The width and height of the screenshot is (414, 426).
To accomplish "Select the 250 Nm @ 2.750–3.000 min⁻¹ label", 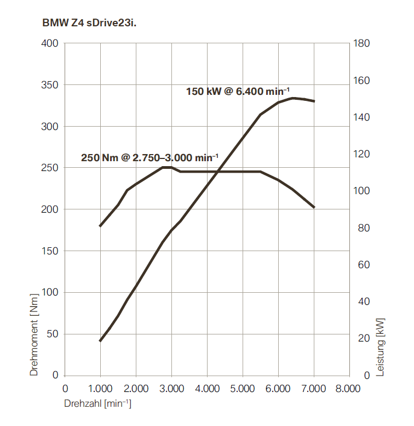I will tap(150, 158).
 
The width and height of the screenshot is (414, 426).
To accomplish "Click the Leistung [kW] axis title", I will tap(381, 345).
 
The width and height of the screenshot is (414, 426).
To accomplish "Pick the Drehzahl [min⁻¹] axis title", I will tap(98, 404).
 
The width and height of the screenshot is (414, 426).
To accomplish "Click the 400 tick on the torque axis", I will tap(49, 43).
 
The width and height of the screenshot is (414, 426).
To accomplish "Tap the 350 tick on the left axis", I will tap(49, 85).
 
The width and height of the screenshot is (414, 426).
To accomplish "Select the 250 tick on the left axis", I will tap(49, 168).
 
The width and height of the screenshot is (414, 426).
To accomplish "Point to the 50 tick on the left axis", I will tap(52, 334).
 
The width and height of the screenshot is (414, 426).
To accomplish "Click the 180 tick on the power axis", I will tap(363, 43).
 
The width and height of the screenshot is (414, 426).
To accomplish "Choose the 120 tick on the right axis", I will tap(363, 154).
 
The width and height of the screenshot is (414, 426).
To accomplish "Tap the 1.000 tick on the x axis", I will tap(100, 389).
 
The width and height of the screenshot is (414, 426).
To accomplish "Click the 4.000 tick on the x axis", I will tap(207, 389).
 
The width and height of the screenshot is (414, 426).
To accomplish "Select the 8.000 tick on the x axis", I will tap(349, 389).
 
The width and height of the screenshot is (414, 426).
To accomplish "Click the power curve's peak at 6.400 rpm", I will tap(292, 98).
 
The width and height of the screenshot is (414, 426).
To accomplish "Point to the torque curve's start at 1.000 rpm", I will tap(100, 225).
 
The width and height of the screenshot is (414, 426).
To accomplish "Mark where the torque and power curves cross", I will tap(218, 172).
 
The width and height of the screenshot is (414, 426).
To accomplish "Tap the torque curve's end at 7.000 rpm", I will tap(314, 207).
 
